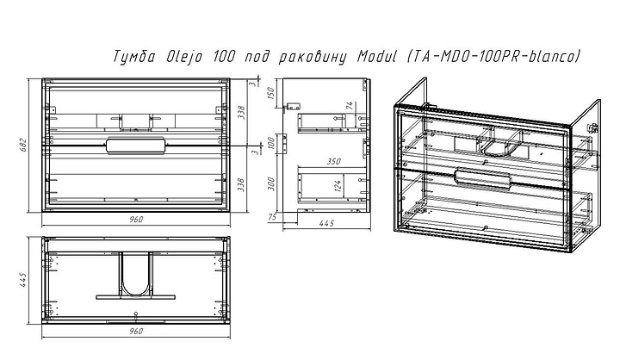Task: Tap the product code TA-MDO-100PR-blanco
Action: [487, 58]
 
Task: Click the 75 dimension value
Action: [272, 216]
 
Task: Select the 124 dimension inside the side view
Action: [339, 184]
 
